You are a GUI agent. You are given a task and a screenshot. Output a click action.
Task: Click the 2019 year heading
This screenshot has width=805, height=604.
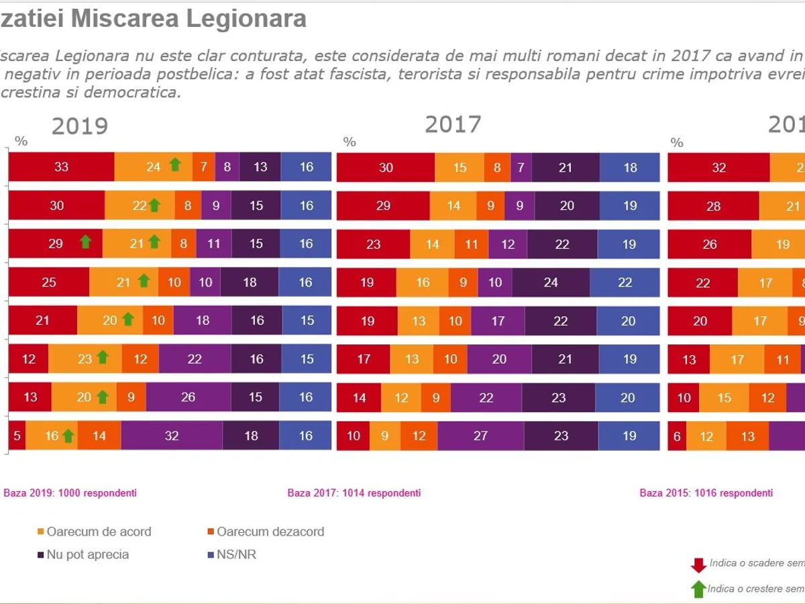[x=80, y=126]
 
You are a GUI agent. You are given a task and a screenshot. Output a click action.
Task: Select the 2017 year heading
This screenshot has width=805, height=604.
[x=453, y=124]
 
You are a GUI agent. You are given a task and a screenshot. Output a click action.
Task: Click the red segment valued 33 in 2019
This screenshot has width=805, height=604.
[x=61, y=166]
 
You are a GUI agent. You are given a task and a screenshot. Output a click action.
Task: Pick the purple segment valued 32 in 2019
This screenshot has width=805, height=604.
[x=172, y=436]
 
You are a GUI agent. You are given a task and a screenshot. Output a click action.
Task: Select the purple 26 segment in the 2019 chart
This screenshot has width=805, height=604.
[x=188, y=397]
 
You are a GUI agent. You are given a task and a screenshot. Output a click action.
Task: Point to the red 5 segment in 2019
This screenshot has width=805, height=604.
[x=17, y=436]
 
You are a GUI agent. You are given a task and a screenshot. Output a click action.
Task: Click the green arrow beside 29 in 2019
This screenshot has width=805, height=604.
[x=85, y=242]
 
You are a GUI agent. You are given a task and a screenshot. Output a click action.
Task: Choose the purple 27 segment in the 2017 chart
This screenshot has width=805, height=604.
[x=480, y=436]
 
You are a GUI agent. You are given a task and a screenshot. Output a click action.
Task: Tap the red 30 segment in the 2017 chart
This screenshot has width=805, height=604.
[x=386, y=168]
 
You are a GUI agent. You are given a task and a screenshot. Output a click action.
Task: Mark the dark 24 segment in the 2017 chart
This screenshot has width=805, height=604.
[x=551, y=283]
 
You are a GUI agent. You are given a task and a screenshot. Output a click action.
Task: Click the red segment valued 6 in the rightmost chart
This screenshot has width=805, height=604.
[x=677, y=436]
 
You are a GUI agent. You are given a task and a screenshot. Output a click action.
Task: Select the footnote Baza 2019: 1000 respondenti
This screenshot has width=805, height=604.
[x=70, y=493]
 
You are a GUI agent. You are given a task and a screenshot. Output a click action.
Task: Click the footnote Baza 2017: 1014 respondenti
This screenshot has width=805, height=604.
[x=354, y=493]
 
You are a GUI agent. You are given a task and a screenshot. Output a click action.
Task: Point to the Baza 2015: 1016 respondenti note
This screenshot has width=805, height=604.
[x=706, y=493]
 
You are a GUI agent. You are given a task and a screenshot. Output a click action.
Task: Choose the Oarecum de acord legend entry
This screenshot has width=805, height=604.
[x=93, y=532]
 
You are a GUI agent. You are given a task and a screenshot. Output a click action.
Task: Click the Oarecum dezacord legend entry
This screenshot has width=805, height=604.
[x=265, y=532]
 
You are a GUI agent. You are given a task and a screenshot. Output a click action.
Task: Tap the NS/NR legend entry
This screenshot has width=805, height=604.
[x=231, y=554]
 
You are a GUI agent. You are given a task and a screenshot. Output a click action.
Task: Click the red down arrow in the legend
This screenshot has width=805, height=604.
[x=698, y=564]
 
